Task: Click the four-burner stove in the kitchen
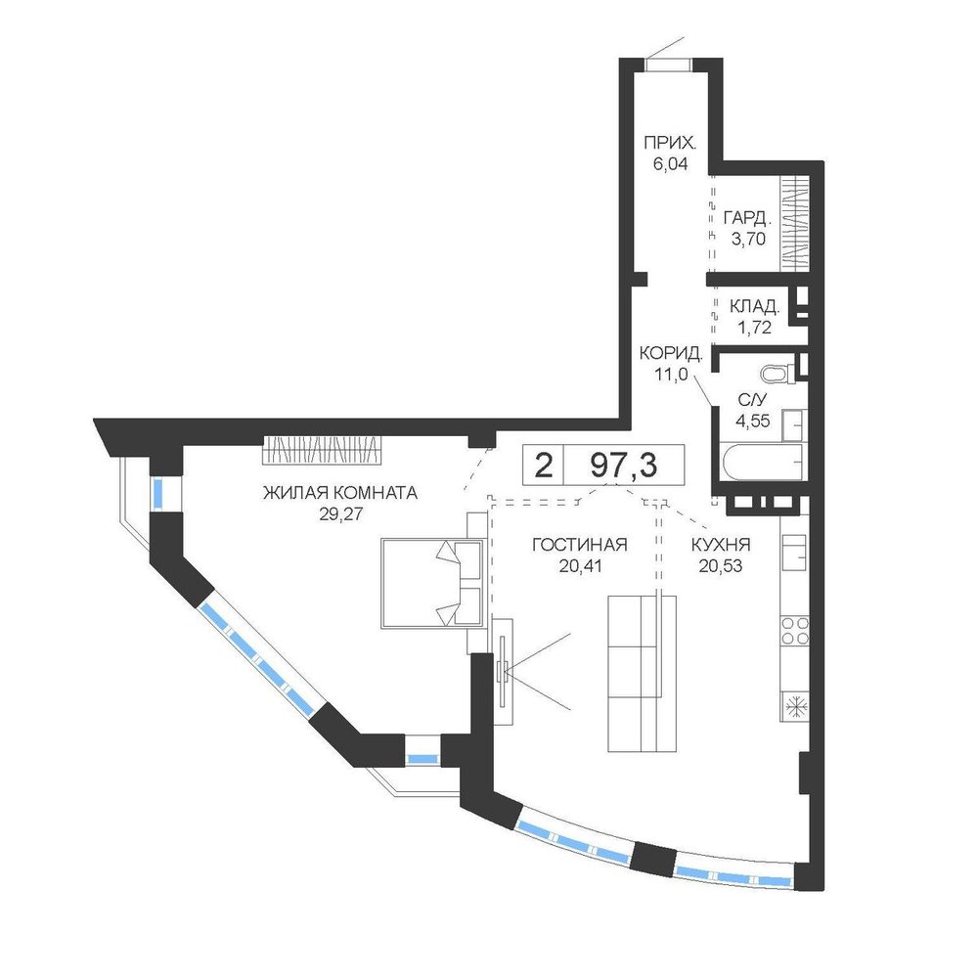click(794, 630)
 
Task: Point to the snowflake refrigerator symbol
click(795, 707)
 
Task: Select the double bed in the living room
click(433, 583)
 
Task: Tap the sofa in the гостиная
click(642, 674)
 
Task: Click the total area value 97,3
click(624, 466)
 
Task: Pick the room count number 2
click(544, 466)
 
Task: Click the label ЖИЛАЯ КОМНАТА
click(340, 493)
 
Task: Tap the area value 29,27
click(340, 514)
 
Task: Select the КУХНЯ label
click(721, 545)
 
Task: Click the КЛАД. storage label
click(755, 306)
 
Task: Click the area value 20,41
click(579, 565)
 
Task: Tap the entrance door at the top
click(668, 65)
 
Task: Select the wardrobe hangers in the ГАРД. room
click(795, 225)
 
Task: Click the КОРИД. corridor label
click(671, 354)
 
